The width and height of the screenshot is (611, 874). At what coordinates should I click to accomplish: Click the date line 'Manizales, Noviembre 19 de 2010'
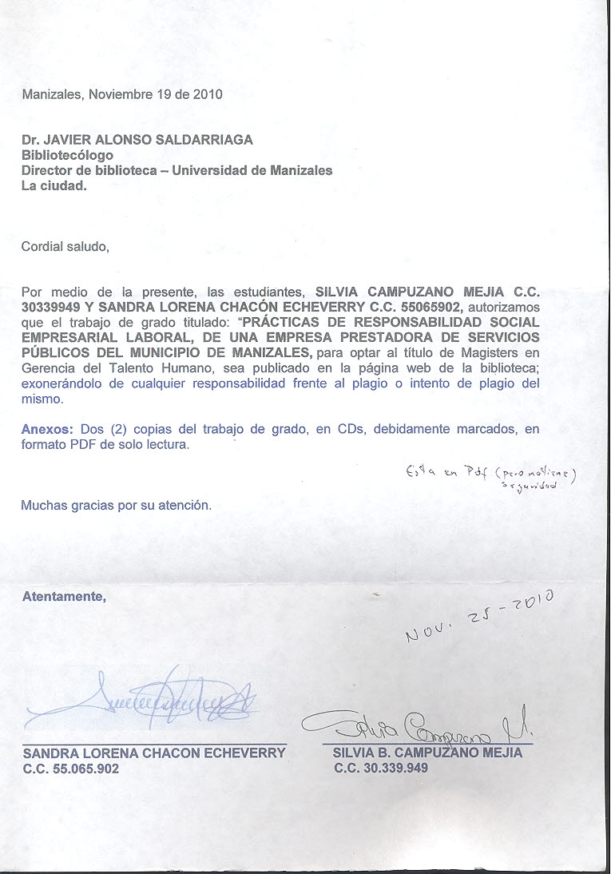coord(121,94)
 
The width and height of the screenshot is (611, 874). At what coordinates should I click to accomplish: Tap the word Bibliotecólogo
coord(67,155)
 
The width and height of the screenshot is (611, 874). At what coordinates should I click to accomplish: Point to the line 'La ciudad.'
coord(54,185)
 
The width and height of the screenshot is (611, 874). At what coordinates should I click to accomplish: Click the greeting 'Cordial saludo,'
coord(65,247)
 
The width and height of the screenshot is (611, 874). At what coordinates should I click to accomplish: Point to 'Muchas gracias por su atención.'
coord(116,505)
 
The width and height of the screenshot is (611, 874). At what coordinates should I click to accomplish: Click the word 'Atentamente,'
coord(63,596)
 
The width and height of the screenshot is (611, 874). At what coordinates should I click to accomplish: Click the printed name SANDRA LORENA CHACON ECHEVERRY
coord(153,753)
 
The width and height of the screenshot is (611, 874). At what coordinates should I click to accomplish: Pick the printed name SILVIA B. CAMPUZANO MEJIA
coord(427,753)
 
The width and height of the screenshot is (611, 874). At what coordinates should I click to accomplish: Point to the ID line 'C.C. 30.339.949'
coord(381,768)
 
